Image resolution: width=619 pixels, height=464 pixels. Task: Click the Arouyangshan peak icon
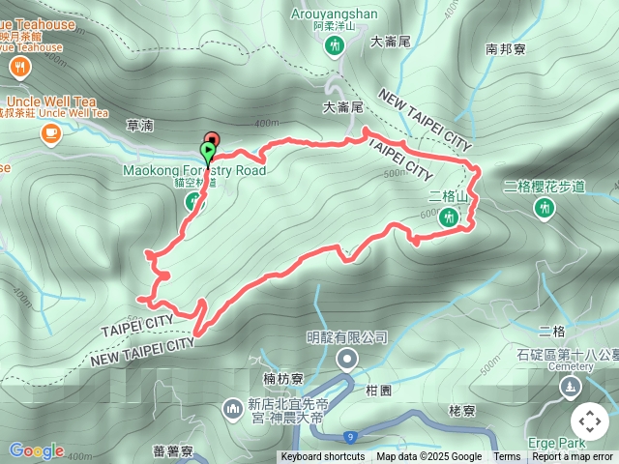336,44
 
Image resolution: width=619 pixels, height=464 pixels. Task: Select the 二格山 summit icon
447,217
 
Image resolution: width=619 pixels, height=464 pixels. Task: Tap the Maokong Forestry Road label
193,171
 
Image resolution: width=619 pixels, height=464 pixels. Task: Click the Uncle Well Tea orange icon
48,134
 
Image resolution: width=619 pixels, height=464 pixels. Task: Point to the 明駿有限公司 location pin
346,360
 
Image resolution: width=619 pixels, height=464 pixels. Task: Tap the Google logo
36,449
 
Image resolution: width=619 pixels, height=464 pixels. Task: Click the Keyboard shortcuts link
323,457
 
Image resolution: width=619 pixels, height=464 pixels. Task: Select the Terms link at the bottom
507,457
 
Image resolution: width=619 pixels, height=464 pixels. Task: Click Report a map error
574,457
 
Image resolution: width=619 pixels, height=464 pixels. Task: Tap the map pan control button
590,421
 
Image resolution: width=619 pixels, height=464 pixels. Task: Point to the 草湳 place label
139,125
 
